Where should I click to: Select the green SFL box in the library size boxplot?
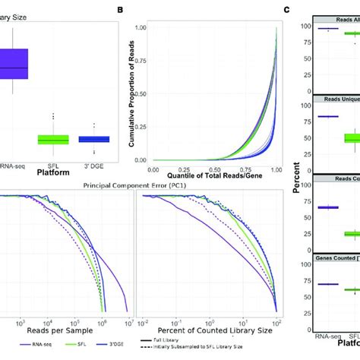[x=53, y=139]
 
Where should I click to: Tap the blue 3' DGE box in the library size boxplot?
[x=94, y=139]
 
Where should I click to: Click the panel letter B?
[x=119, y=10]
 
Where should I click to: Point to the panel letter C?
[x=286, y=10]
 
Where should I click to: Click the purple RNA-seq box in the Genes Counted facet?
[x=327, y=284]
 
